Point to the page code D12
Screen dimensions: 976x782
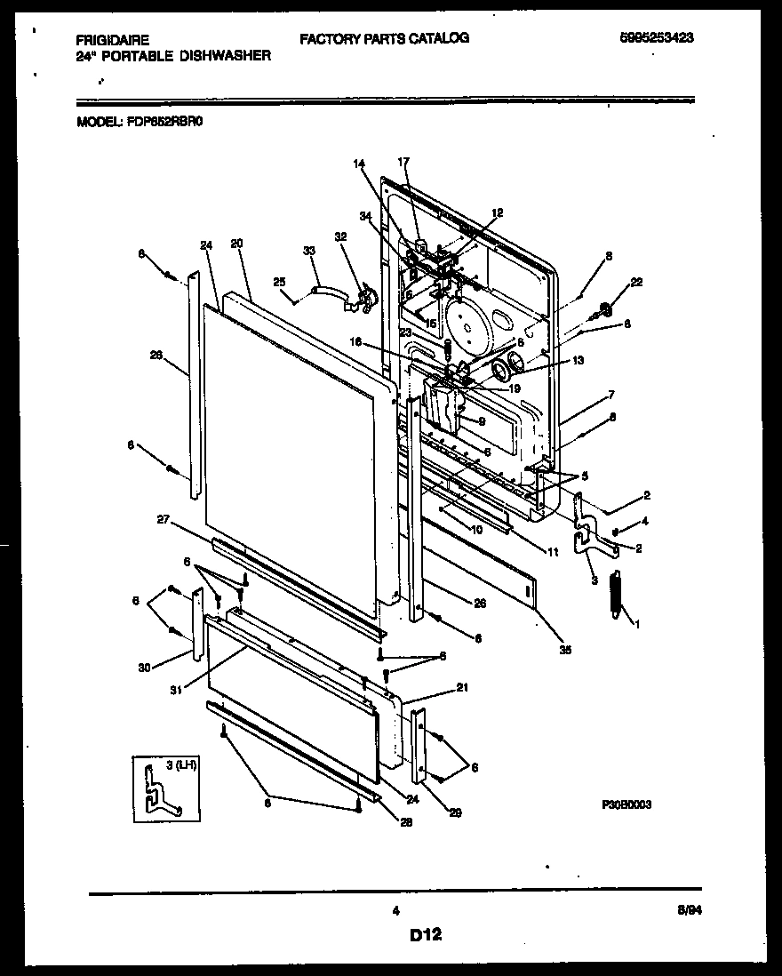point(426,934)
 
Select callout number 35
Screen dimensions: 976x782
point(565,650)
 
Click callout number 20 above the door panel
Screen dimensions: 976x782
point(235,244)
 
